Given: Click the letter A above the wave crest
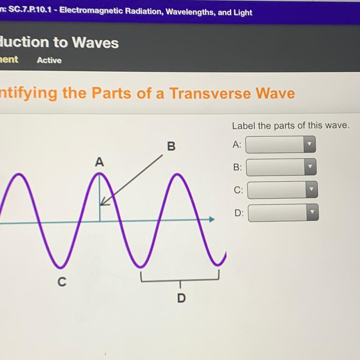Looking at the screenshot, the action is point(100,162).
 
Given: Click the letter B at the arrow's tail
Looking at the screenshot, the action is point(171,146).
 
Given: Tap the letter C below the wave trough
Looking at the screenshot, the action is point(62,282).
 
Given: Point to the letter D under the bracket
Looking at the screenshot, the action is point(181,298).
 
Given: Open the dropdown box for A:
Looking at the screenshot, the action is point(280,144).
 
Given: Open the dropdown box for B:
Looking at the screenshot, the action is point(281,167).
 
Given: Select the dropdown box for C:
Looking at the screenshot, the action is point(283,190).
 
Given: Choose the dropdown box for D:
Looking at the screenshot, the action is point(283,213).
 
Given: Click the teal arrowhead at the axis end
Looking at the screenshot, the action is point(212,219).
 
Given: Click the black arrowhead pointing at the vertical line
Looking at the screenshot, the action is point(104,201).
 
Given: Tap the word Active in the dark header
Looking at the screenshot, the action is point(49,60).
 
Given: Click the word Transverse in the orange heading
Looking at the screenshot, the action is point(210,93).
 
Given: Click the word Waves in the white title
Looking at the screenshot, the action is point(95,43).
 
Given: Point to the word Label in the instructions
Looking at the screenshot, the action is point(243,126).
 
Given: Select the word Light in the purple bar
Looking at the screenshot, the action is point(243,13).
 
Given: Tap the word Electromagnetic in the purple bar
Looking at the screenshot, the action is point(91,10).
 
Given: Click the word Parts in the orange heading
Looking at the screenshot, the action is point(112,93).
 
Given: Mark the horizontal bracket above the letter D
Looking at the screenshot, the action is point(180,279).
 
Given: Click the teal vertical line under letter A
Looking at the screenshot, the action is point(100,198).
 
